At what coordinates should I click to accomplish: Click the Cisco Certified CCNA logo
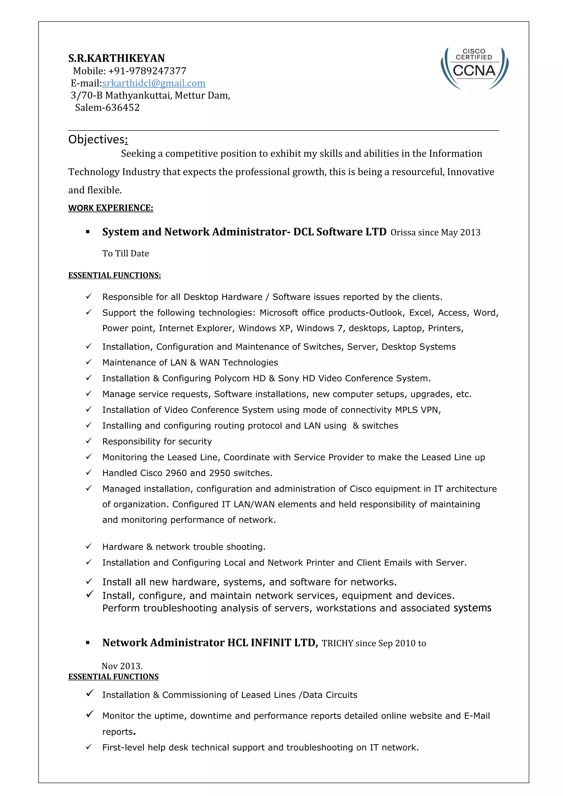474,68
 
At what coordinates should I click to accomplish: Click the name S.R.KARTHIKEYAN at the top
116,58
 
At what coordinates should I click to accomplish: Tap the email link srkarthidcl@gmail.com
154,83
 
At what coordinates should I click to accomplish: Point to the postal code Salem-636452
107,107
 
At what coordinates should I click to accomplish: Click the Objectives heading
98,139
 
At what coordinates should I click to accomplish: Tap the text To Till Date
125,254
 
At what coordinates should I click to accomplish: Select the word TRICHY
337,644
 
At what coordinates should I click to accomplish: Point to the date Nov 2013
122,666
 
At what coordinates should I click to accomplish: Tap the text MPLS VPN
418,410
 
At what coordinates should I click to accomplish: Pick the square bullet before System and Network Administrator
88,232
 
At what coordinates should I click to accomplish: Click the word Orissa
403,233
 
